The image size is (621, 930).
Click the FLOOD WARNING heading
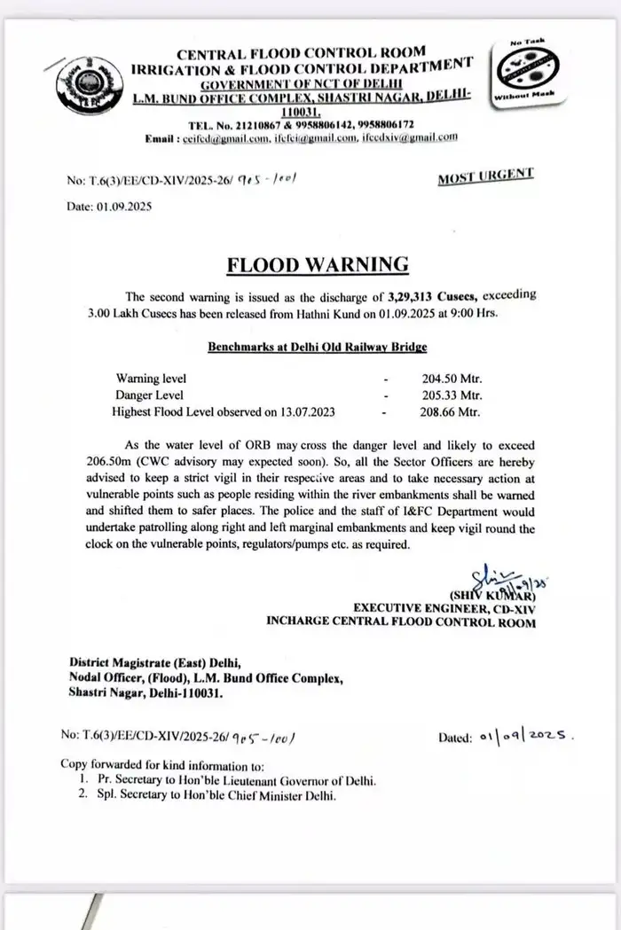318,264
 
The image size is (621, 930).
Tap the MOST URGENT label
485,176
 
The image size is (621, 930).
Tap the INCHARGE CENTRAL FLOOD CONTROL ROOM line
401,622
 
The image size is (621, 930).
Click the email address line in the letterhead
302,137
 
